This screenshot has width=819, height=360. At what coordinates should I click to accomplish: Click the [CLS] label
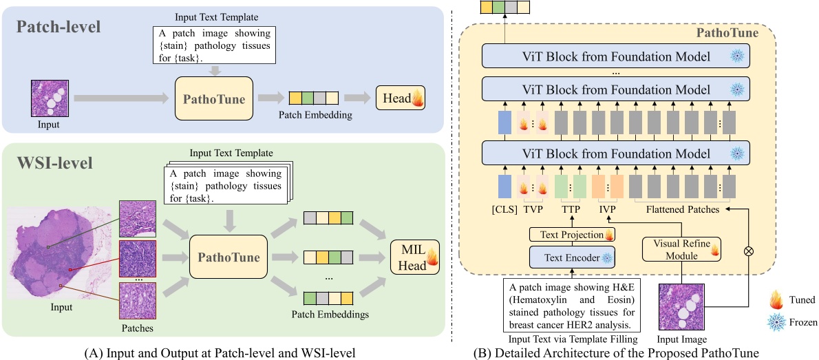pyautogui.click(x=504, y=208)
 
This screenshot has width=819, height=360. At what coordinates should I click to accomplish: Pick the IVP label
pyautogui.click(x=606, y=208)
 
